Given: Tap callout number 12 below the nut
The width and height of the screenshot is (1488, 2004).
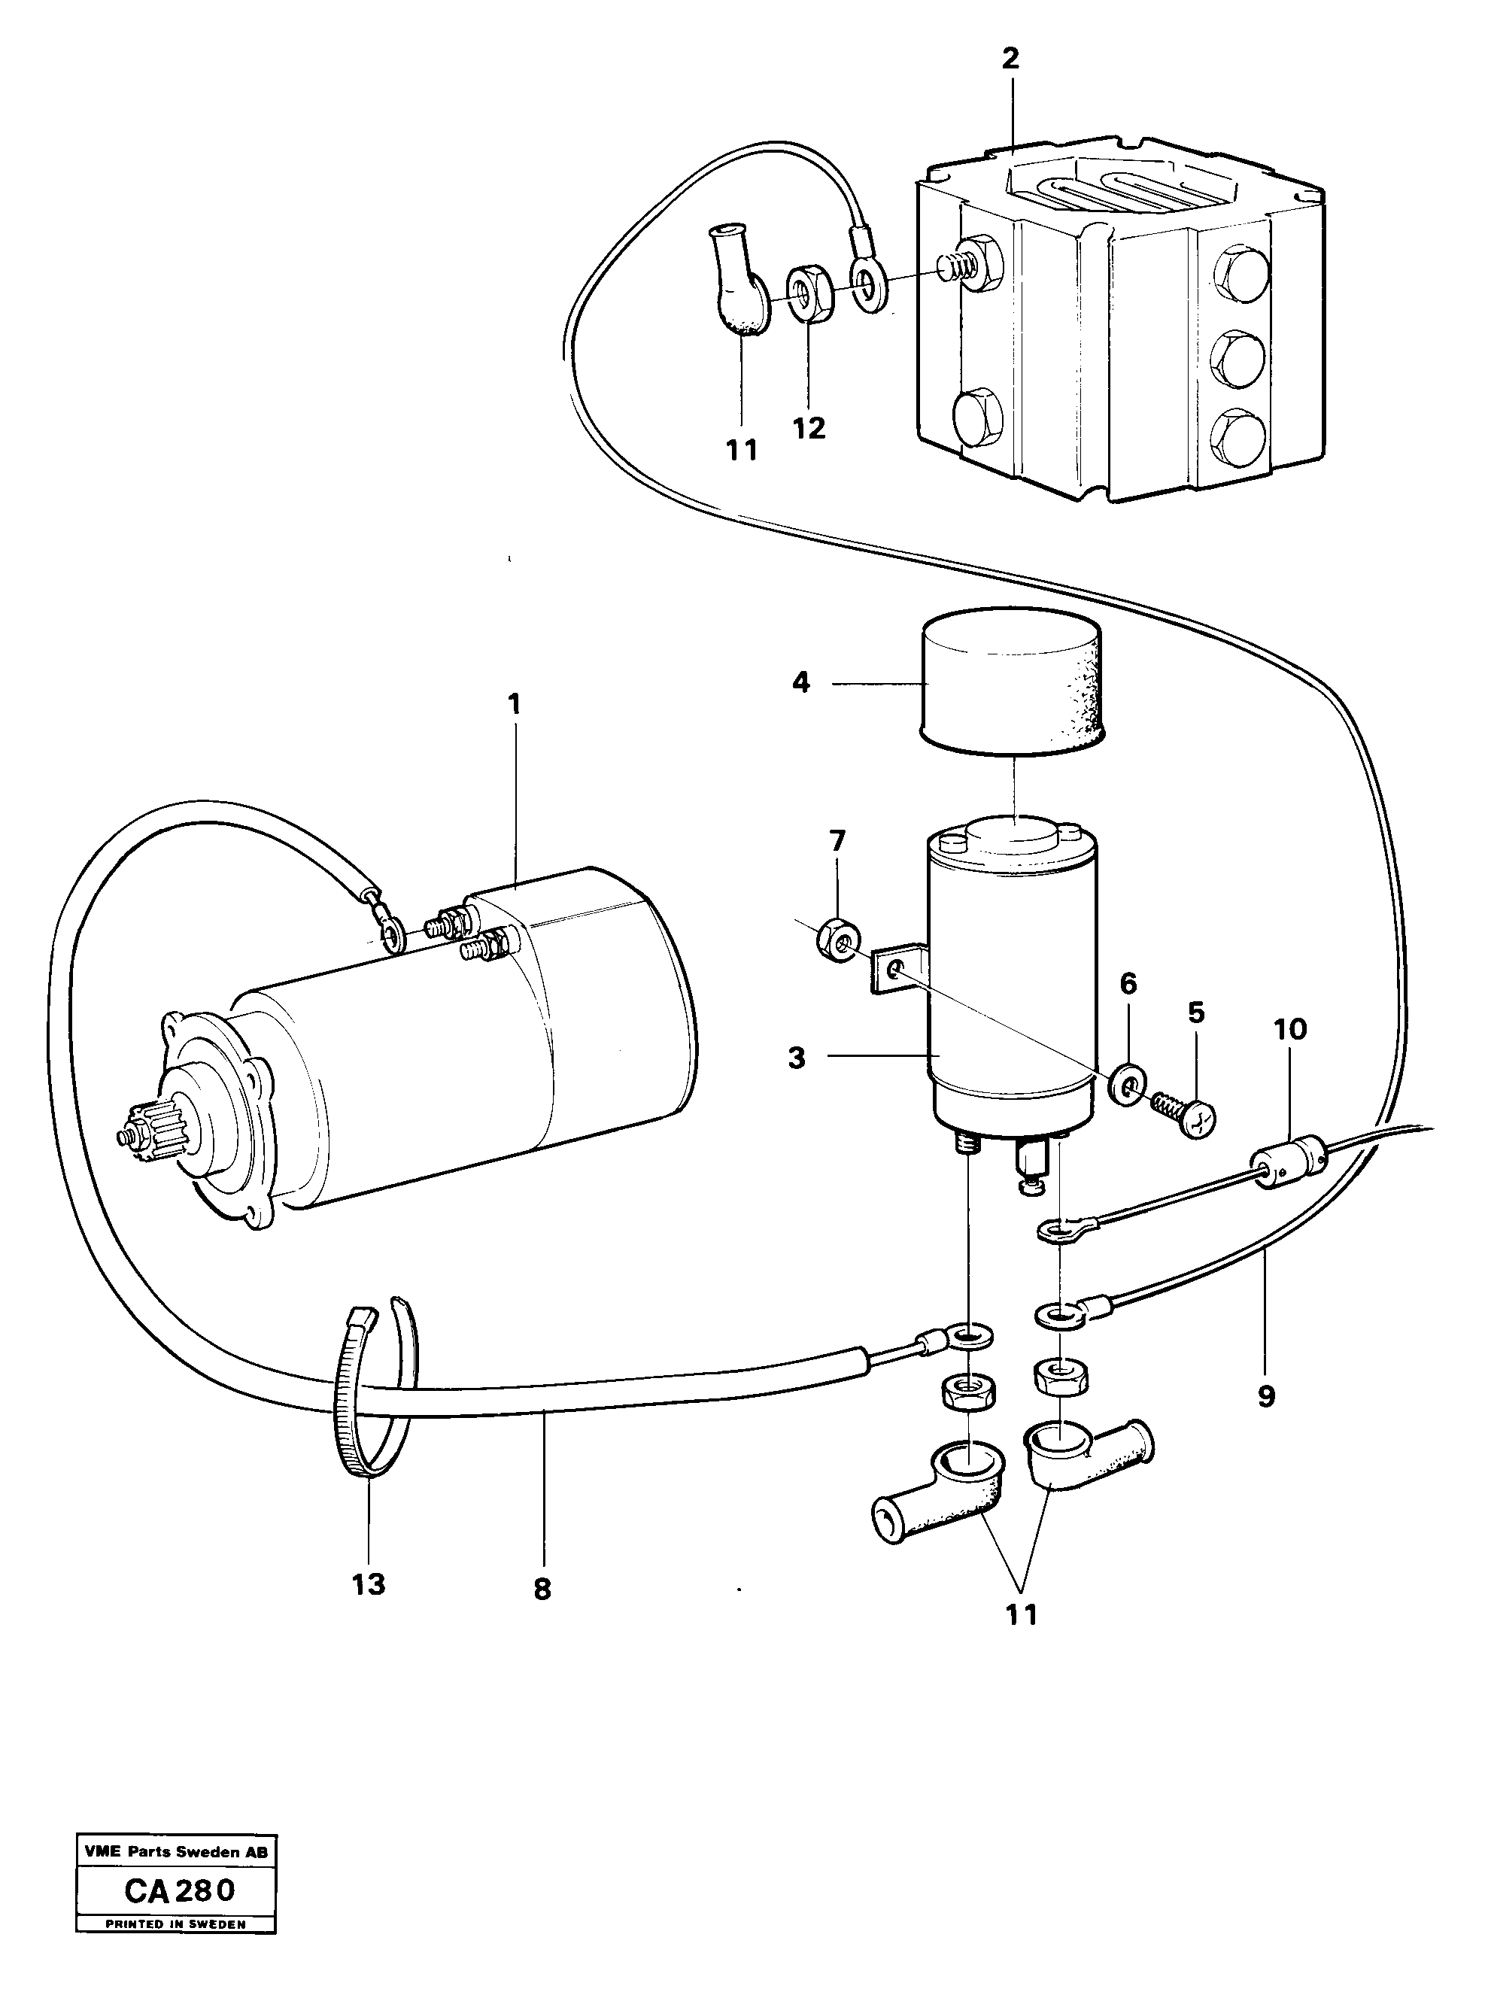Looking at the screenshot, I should pyautogui.click(x=809, y=429).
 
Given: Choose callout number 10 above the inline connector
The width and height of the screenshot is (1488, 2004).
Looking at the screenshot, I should pyautogui.click(x=1290, y=1030).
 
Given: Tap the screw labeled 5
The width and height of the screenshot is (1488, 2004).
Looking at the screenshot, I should pyautogui.click(x=1186, y=1117).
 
